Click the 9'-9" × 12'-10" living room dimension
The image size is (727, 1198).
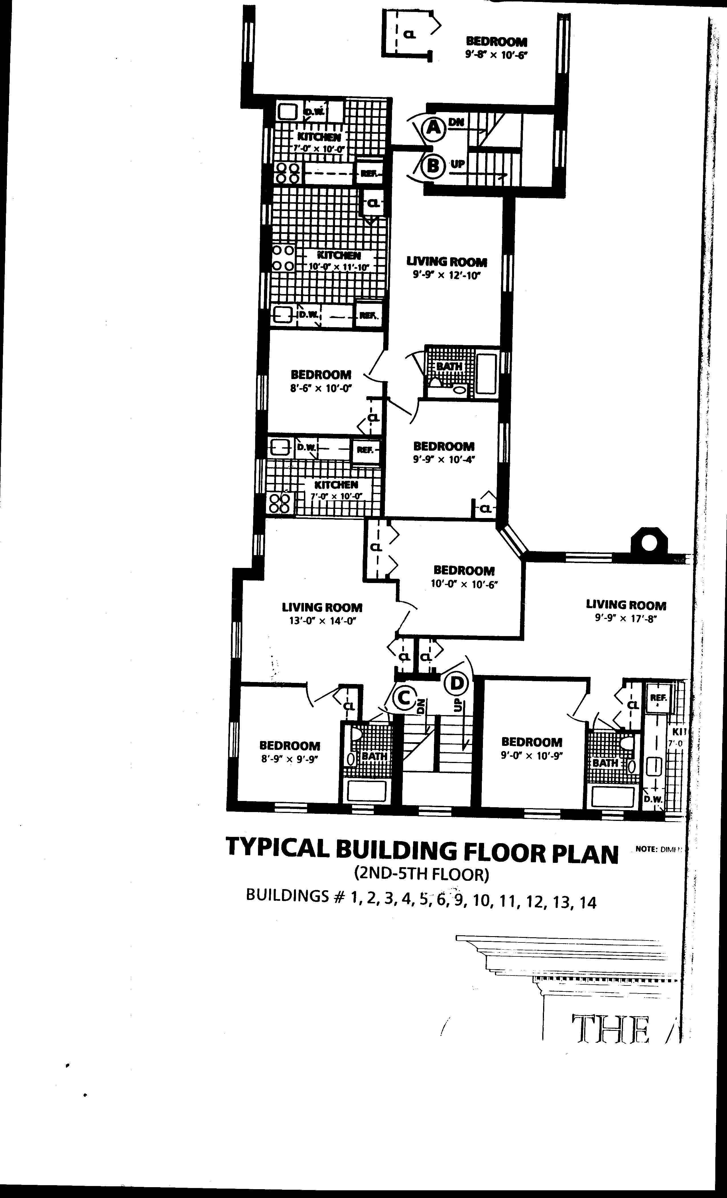[x=446, y=275]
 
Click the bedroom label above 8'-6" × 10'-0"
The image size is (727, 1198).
[x=321, y=375]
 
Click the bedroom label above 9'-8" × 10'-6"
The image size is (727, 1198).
[x=496, y=42]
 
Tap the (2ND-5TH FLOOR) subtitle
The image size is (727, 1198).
[x=421, y=875]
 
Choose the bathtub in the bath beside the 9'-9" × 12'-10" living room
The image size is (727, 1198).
[x=486, y=374]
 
